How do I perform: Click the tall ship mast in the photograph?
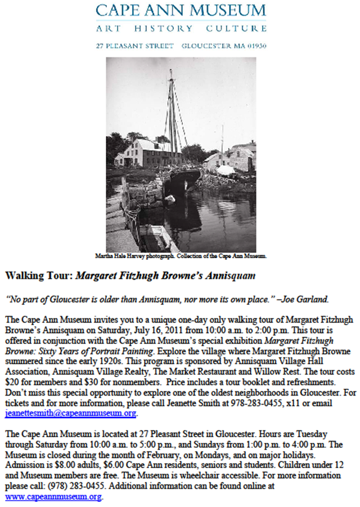172,113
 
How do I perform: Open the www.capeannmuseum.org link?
53,497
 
